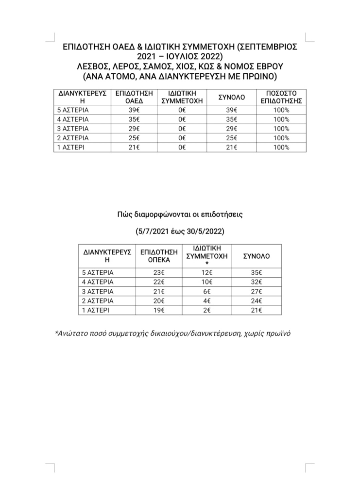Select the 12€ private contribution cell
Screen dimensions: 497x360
tap(207, 272)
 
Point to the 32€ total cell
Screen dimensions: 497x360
tap(256, 282)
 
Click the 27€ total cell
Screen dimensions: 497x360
tap(256, 291)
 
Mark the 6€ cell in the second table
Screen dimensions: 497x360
tap(207, 291)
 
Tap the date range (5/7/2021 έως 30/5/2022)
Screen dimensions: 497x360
tap(180, 232)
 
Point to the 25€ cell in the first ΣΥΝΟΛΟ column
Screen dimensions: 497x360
tap(232, 138)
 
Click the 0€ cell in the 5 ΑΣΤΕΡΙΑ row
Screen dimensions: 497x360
tap(182, 110)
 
